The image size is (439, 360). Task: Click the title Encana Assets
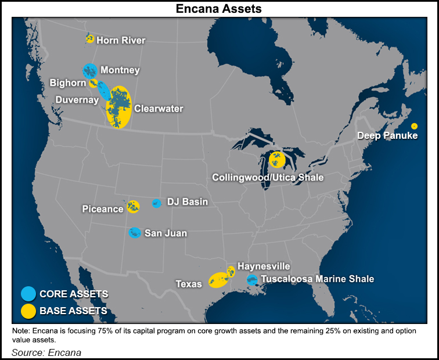pos(219,9)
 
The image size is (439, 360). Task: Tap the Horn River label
pos(121,40)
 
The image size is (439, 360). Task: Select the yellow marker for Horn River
pos(89,39)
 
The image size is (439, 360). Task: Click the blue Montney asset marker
pos(89,71)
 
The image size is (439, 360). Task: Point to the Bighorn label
pos(68,83)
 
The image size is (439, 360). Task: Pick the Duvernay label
pos(77,99)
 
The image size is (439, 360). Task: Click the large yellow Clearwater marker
pos(120,107)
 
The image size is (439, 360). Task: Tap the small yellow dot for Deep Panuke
pos(414,126)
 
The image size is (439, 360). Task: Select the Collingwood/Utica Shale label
pos(268,177)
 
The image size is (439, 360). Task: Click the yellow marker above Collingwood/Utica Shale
pos(277,159)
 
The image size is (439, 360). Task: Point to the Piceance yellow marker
pos(133,206)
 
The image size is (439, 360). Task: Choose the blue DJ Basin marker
pos(156,203)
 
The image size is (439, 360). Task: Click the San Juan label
pos(165,233)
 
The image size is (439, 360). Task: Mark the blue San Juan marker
pos(135,233)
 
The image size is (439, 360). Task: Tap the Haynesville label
pos(264,266)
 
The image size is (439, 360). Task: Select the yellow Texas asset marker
pos(218,280)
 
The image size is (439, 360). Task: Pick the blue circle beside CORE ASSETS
pos(28,294)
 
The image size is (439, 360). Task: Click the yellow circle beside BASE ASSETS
pos(28,311)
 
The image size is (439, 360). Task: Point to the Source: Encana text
pos(46,352)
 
